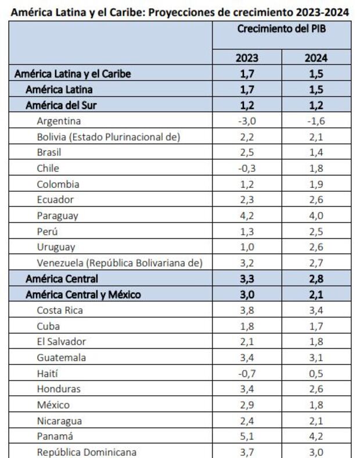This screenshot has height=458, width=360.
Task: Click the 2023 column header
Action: [247, 58]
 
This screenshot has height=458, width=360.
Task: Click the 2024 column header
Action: [316, 58]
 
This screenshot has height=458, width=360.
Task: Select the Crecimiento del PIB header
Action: [281, 28]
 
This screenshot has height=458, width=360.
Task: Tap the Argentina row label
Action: [59, 121]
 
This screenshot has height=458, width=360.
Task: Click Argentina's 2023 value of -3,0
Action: [247, 121]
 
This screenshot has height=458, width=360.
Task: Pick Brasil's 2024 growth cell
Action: [316, 153]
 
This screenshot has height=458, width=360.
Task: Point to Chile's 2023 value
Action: [247, 169]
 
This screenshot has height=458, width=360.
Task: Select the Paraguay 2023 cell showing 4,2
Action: [247, 216]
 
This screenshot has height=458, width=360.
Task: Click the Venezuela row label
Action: [119, 263]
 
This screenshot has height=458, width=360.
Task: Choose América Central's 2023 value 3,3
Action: [247, 279]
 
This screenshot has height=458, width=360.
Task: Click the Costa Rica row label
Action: [60, 310]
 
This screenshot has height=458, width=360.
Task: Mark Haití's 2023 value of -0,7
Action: [247, 373]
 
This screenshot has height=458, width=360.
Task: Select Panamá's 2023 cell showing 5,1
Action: [247, 436]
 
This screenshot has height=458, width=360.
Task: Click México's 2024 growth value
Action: [316, 405]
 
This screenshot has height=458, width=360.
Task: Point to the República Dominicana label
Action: [87, 452]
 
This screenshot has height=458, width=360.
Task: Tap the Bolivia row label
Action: [108, 137]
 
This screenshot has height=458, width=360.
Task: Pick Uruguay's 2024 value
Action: [316, 247]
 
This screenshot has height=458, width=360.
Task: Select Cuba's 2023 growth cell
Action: [247, 326]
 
